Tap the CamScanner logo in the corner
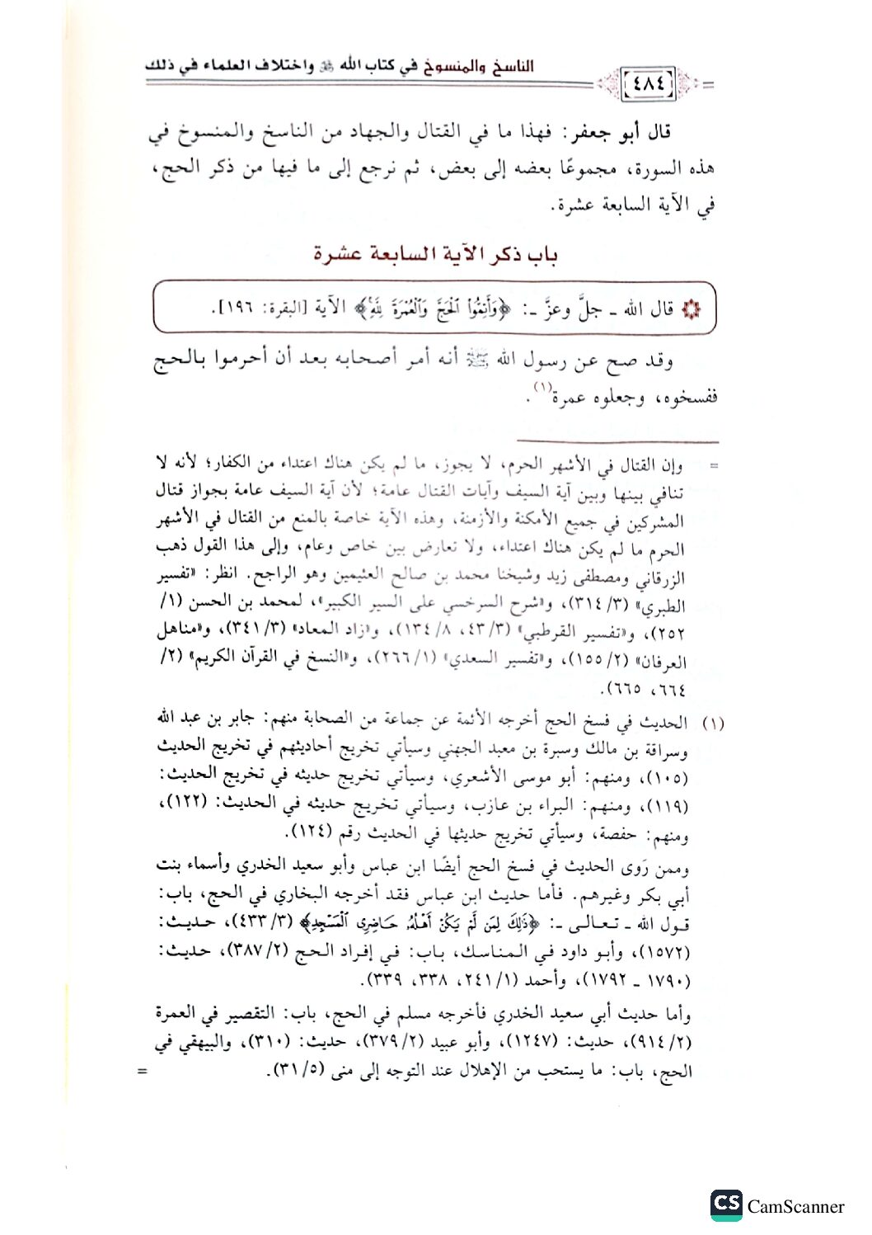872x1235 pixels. tap(726, 1205)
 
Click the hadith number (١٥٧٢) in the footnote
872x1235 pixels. tap(670, 950)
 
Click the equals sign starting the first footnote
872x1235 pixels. tap(714, 467)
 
